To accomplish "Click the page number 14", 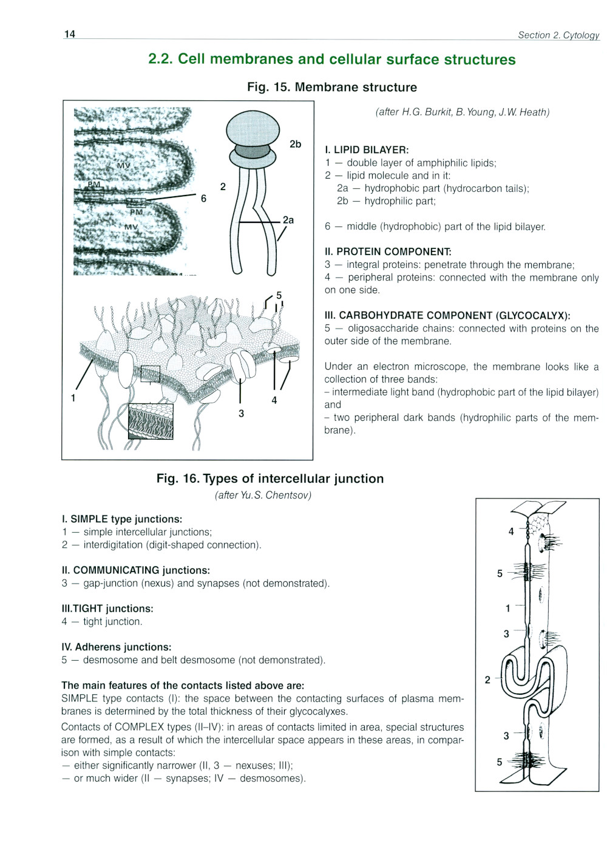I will click(70, 34).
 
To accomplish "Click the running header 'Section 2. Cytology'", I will click(558, 35).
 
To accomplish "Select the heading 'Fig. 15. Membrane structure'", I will click(331, 87).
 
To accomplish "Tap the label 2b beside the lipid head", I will click(295, 144).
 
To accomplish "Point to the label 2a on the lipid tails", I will click(288, 220).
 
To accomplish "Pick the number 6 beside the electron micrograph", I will click(203, 199).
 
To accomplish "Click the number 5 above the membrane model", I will click(279, 295).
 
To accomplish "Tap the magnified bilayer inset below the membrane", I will click(151, 421).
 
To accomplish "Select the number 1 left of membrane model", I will click(73, 398).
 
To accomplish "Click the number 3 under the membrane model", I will click(241, 414).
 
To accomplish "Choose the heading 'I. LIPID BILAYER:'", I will click(367, 150).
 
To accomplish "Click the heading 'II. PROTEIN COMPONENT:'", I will click(388, 251).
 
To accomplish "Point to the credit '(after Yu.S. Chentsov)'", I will click(263, 495).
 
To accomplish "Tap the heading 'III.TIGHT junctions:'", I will click(107, 609).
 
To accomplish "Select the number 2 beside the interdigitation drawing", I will click(487, 680).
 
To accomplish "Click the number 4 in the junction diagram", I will click(511, 531).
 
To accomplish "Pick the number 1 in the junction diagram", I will click(508, 608).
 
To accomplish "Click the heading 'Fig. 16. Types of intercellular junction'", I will click(270, 479).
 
